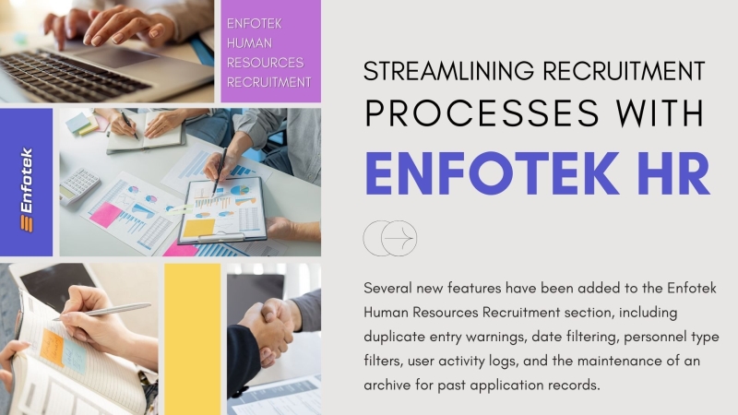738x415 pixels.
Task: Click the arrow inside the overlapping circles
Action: (x=399, y=239)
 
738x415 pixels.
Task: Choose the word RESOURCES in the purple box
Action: (x=265, y=63)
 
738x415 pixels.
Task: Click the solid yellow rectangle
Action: (x=192, y=338)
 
